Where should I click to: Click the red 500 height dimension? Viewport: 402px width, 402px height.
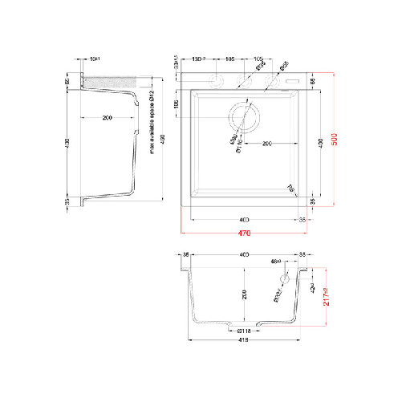click(x=335, y=138)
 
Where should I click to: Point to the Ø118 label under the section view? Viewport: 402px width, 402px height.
click(x=245, y=330)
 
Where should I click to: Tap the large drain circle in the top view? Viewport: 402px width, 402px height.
click(x=244, y=117)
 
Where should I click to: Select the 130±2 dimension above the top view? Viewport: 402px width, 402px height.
click(x=200, y=59)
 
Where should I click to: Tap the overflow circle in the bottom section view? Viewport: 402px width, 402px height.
click(x=282, y=278)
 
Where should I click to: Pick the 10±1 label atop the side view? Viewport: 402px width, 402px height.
click(x=95, y=59)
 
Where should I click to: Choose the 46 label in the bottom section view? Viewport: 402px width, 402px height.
click(x=276, y=262)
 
